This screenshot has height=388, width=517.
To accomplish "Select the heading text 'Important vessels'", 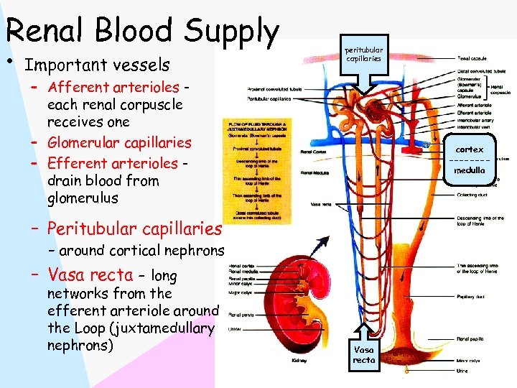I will pos(97,65).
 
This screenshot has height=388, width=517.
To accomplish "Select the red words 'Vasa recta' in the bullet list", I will pos(90,274).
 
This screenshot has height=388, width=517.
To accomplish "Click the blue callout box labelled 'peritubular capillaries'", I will pos(363,55).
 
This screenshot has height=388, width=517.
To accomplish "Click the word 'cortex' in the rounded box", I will pos(470,149).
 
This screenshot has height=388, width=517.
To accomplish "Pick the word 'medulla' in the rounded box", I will pos(470,171).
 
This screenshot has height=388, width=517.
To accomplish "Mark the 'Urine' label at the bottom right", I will pos(463,371).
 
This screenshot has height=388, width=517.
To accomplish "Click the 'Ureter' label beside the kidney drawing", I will pos(235,329).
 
